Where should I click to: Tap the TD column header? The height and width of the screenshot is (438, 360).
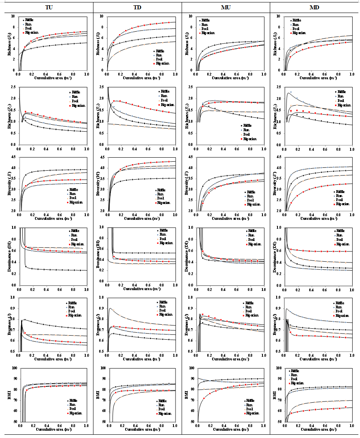[137, 8]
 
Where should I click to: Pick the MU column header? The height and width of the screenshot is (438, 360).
[226, 8]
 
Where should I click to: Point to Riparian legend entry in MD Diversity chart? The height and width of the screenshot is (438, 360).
[343, 204]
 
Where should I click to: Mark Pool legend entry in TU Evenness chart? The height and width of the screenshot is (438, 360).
[75, 311]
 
